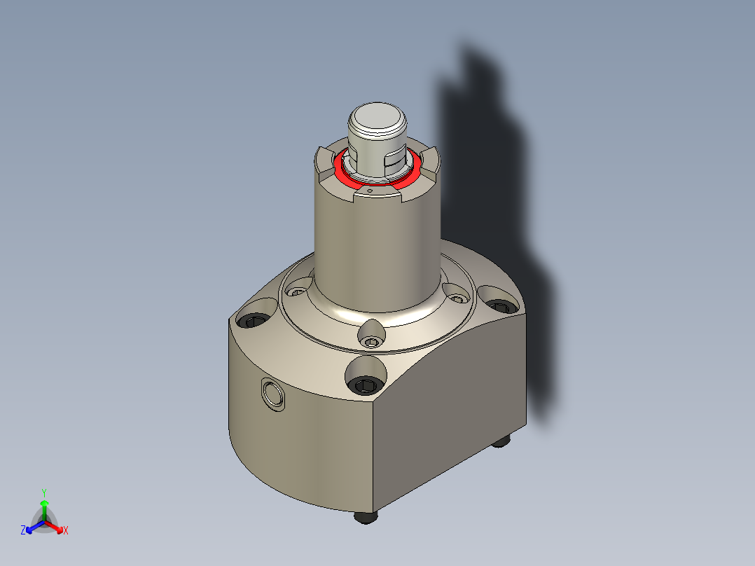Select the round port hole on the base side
[x=272, y=394]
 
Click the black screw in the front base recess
[x=366, y=384]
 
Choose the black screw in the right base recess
[x=499, y=305]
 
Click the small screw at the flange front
[x=371, y=342]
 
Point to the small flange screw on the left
[x=300, y=291]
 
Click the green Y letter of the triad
[x=43, y=492]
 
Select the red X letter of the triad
[x=65, y=531]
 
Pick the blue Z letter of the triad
[x=23, y=531]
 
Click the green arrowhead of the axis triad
[x=43, y=503]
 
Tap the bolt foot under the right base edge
[x=501, y=441]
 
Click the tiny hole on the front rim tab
[x=369, y=190]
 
